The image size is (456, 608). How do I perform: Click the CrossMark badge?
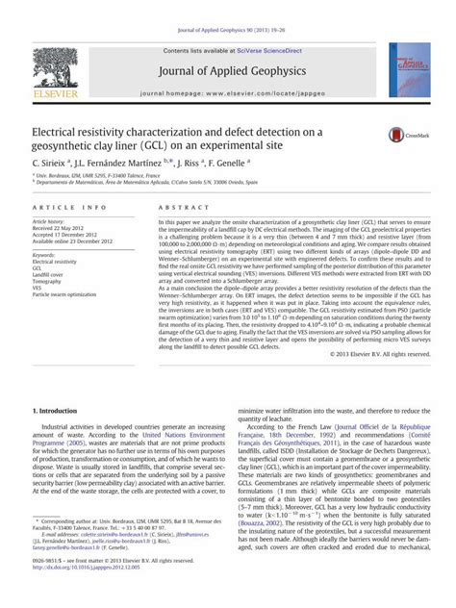[x=402, y=137]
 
